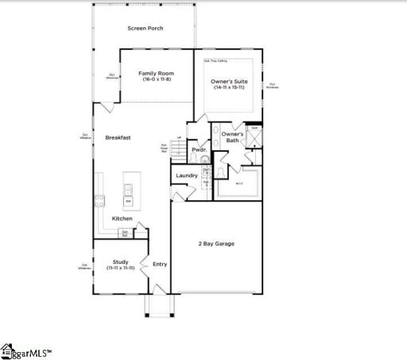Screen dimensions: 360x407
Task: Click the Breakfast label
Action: [x=118, y=137]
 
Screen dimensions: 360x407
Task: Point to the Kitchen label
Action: [x=122, y=218]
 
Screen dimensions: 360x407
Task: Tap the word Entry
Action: [x=160, y=264]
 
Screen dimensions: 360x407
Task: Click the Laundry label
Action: [x=187, y=175]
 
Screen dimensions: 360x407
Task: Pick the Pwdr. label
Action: [x=199, y=149]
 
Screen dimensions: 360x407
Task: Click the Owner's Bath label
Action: [x=232, y=137]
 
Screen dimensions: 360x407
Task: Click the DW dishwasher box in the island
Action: [x=127, y=201]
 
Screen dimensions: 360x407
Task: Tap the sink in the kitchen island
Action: [x=127, y=189]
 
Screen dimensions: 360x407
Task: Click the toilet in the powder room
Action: [x=205, y=158]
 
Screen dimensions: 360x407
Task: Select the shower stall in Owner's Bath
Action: [x=254, y=140]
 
